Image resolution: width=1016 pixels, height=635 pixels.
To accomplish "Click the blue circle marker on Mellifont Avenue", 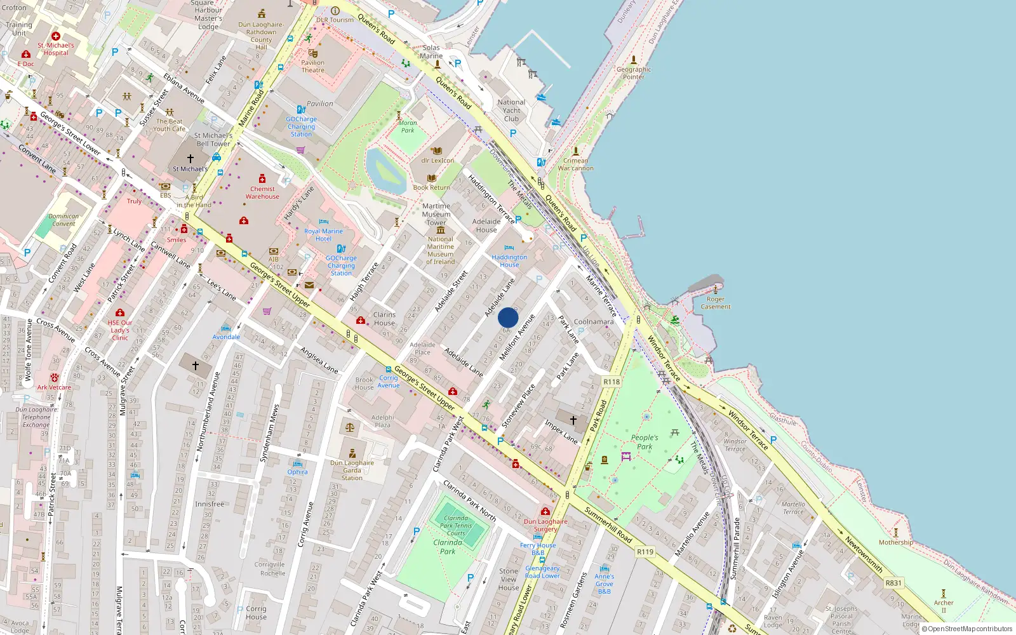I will pyautogui.click(x=508, y=317).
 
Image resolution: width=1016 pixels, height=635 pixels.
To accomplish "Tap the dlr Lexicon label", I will pyautogui.click(x=438, y=161).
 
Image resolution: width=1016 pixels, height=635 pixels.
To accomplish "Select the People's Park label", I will pyautogui.click(x=645, y=442).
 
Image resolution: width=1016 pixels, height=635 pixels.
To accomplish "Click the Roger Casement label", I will pyautogui.click(x=716, y=303).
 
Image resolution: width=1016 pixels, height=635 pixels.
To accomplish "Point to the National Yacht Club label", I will pyautogui.click(x=511, y=110).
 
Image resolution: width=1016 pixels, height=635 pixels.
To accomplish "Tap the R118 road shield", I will pyautogui.click(x=612, y=382).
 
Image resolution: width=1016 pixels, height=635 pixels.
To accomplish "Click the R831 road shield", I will pyautogui.click(x=893, y=583).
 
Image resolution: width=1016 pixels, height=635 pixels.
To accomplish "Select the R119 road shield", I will pyautogui.click(x=645, y=552).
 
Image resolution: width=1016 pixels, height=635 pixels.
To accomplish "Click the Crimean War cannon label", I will pyautogui.click(x=576, y=164).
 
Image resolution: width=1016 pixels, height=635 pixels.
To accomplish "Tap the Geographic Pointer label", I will pyautogui.click(x=634, y=73).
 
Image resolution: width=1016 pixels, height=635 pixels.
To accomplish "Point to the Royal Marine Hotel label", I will pyautogui.click(x=323, y=235).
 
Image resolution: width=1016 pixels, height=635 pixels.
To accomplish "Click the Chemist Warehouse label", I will pyautogui.click(x=262, y=192).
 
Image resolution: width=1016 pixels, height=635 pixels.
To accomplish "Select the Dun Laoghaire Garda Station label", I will pyautogui.click(x=352, y=470).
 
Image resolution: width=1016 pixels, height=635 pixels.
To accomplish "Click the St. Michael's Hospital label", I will pyautogui.click(x=56, y=49).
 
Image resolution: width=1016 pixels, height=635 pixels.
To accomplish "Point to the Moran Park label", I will pyautogui.click(x=408, y=126).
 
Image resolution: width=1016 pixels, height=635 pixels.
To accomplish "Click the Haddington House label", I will pyautogui.click(x=509, y=261).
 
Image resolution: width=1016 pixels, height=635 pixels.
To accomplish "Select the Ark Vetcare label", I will pyautogui.click(x=54, y=387).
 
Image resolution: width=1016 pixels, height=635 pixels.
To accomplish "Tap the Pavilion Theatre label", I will pyautogui.click(x=312, y=66).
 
